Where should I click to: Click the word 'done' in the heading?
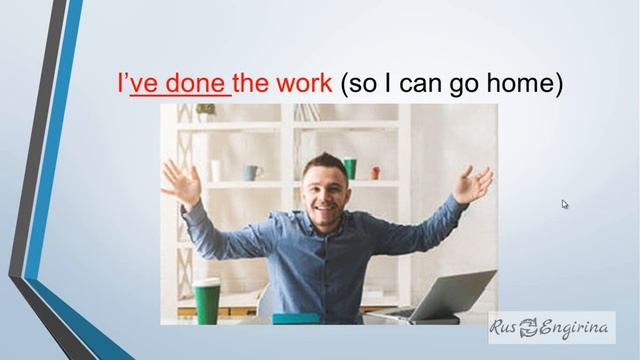pyautogui.click(x=194, y=84)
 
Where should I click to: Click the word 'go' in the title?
pyautogui.click(x=475, y=84)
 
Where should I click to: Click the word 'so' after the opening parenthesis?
pyautogui.click(x=365, y=84)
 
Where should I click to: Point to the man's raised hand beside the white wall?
pyautogui.click(x=472, y=184)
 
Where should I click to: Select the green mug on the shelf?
pyautogui.click(x=350, y=168)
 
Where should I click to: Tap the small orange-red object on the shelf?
pyautogui.click(x=375, y=172)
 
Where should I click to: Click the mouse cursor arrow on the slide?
pyautogui.click(x=565, y=204)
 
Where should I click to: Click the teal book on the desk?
pyautogui.click(x=296, y=319)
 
